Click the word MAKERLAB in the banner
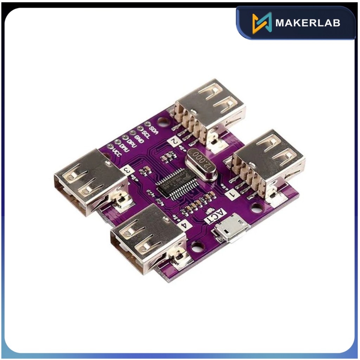(x=308, y=23)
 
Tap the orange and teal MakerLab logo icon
(x=262, y=23)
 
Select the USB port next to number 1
(x=269, y=160)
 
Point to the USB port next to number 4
(x=148, y=237)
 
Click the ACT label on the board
(x=213, y=216)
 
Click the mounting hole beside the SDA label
(x=163, y=122)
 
